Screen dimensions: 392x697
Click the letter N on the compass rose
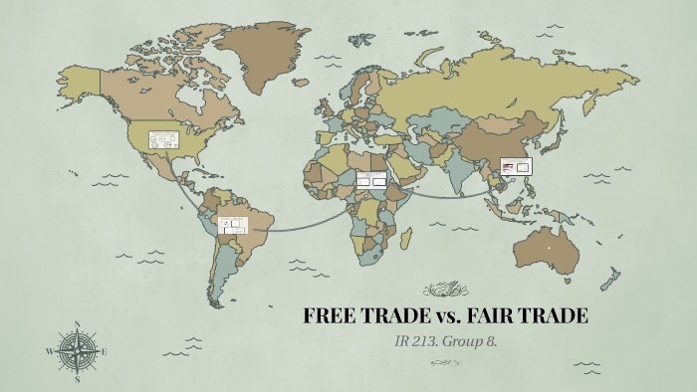point(78,324)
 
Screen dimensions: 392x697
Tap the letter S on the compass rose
point(78,379)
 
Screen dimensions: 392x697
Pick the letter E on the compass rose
point(105,351)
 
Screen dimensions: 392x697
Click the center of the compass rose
point(78,351)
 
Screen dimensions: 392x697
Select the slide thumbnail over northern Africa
point(370,181)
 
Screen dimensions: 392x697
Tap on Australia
point(548,249)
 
